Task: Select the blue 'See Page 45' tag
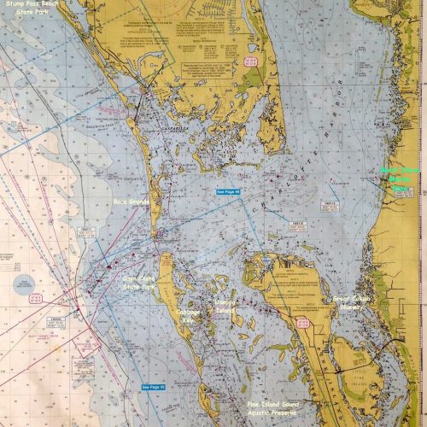tap(155, 386)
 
